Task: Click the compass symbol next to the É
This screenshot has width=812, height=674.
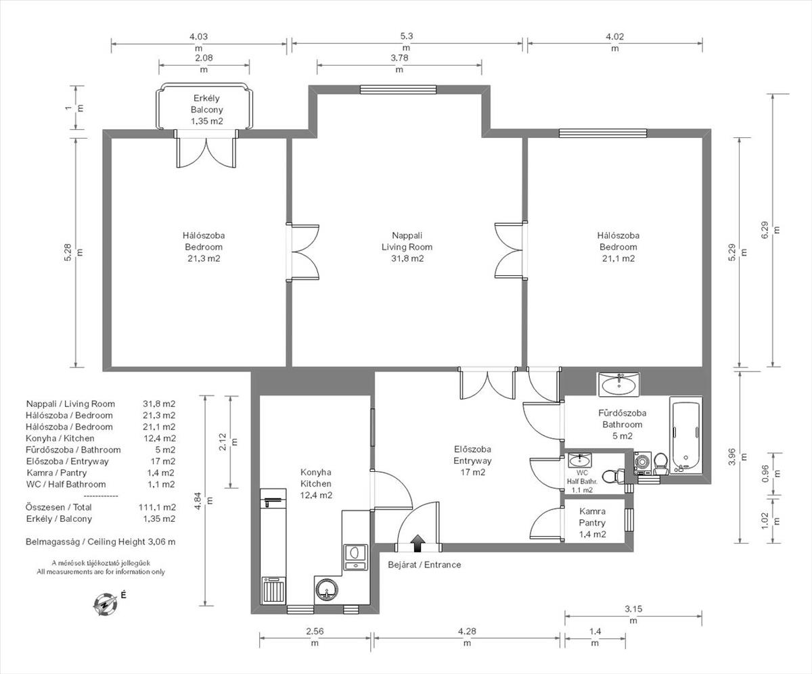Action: [105, 605]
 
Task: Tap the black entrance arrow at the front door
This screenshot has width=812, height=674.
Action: [418, 543]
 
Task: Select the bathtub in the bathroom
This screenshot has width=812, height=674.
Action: [686, 437]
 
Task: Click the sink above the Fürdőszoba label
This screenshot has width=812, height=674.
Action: [618, 384]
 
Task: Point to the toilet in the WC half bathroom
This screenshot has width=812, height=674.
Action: [613, 476]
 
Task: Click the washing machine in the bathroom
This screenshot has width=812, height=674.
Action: [643, 463]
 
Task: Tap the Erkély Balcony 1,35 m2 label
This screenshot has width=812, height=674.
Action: [207, 110]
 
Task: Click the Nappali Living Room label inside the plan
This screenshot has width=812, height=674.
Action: [407, 241]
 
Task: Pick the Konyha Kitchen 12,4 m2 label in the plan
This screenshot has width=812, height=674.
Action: [316, 483]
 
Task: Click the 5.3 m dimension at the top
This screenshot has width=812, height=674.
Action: [407, 42]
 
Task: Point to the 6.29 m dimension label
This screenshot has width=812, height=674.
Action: [769, 230]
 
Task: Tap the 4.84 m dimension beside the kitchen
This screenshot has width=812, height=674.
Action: [204, 501]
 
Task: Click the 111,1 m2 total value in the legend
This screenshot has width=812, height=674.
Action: [157, 507]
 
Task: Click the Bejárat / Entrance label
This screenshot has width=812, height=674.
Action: [424, 564]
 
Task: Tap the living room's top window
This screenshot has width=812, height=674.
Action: [398, 90]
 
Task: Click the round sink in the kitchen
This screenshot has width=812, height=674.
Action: [326, 589]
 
